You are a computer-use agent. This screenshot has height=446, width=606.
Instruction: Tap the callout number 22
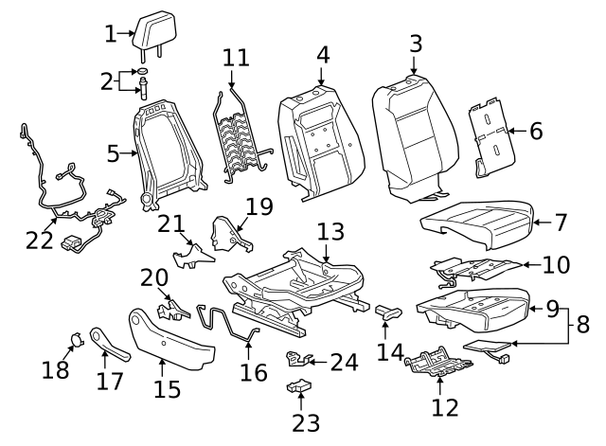click(40, 241)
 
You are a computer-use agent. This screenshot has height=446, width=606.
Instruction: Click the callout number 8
click(582, 325)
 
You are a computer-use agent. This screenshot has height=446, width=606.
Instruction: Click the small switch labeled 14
click(389, 309)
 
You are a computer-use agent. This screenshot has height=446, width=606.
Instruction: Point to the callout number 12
click(444, 407)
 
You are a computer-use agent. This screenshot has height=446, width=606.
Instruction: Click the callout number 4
click(323, 55)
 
